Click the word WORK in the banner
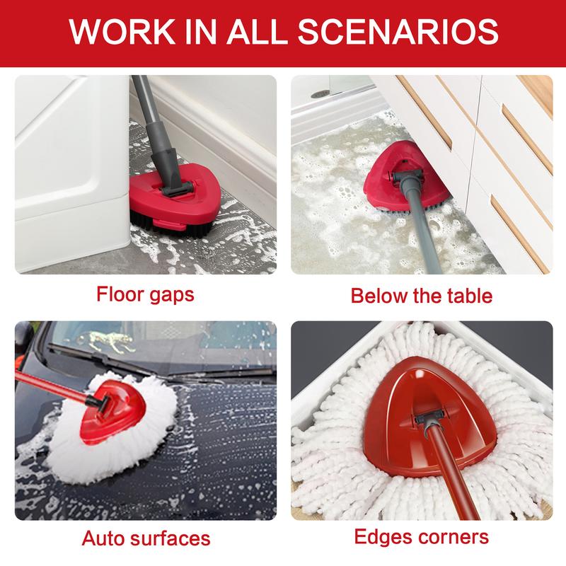click(122, 32)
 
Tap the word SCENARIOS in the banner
click(398, 32)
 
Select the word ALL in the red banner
click(257, 32)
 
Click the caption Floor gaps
click(145, 294)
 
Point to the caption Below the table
click(422, 296)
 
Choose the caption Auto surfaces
click(146, 538)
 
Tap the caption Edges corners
click(421, 536)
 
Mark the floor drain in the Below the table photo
click(320, 94)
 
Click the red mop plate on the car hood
click(114, 412)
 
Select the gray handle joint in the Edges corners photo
click(429, 420)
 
